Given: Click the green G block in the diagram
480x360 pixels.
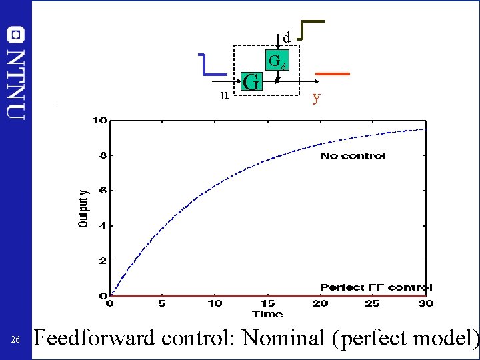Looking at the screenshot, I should point(251,83).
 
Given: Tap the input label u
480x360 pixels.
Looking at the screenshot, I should point(225,95).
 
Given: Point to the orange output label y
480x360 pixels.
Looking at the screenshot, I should point(317,98).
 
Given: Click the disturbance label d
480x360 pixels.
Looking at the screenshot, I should point(286,38).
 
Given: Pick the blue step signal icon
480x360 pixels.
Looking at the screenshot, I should point(215,64).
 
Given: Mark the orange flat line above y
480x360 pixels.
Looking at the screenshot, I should point(332,73).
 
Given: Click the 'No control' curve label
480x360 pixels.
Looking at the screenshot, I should point(353,156).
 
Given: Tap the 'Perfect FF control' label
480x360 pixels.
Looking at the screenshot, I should point(376,287).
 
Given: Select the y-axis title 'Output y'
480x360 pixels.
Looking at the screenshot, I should point(83,208).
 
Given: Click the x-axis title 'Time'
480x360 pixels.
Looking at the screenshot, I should point(267,314).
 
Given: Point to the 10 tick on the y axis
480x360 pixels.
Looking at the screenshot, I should point(100,121).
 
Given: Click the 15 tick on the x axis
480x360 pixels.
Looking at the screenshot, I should point(267,304).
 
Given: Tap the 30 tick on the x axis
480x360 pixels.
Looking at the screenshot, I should point(425,304).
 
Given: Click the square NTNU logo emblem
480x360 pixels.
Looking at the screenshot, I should point(16,33).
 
